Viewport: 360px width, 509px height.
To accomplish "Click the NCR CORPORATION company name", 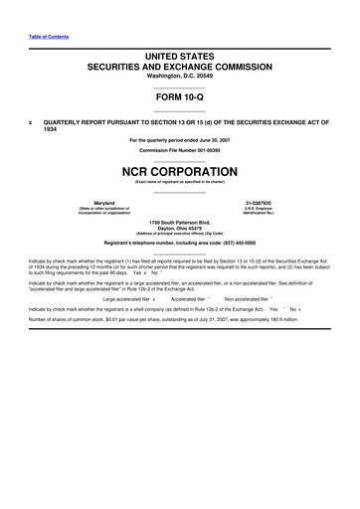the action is pyautogui.click(x=179, y=170).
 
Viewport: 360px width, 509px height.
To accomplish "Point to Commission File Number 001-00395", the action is pyautogui.click(x=179, y=149).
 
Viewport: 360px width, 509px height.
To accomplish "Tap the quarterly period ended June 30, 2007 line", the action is pyautogui.click(x=180, y=140).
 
